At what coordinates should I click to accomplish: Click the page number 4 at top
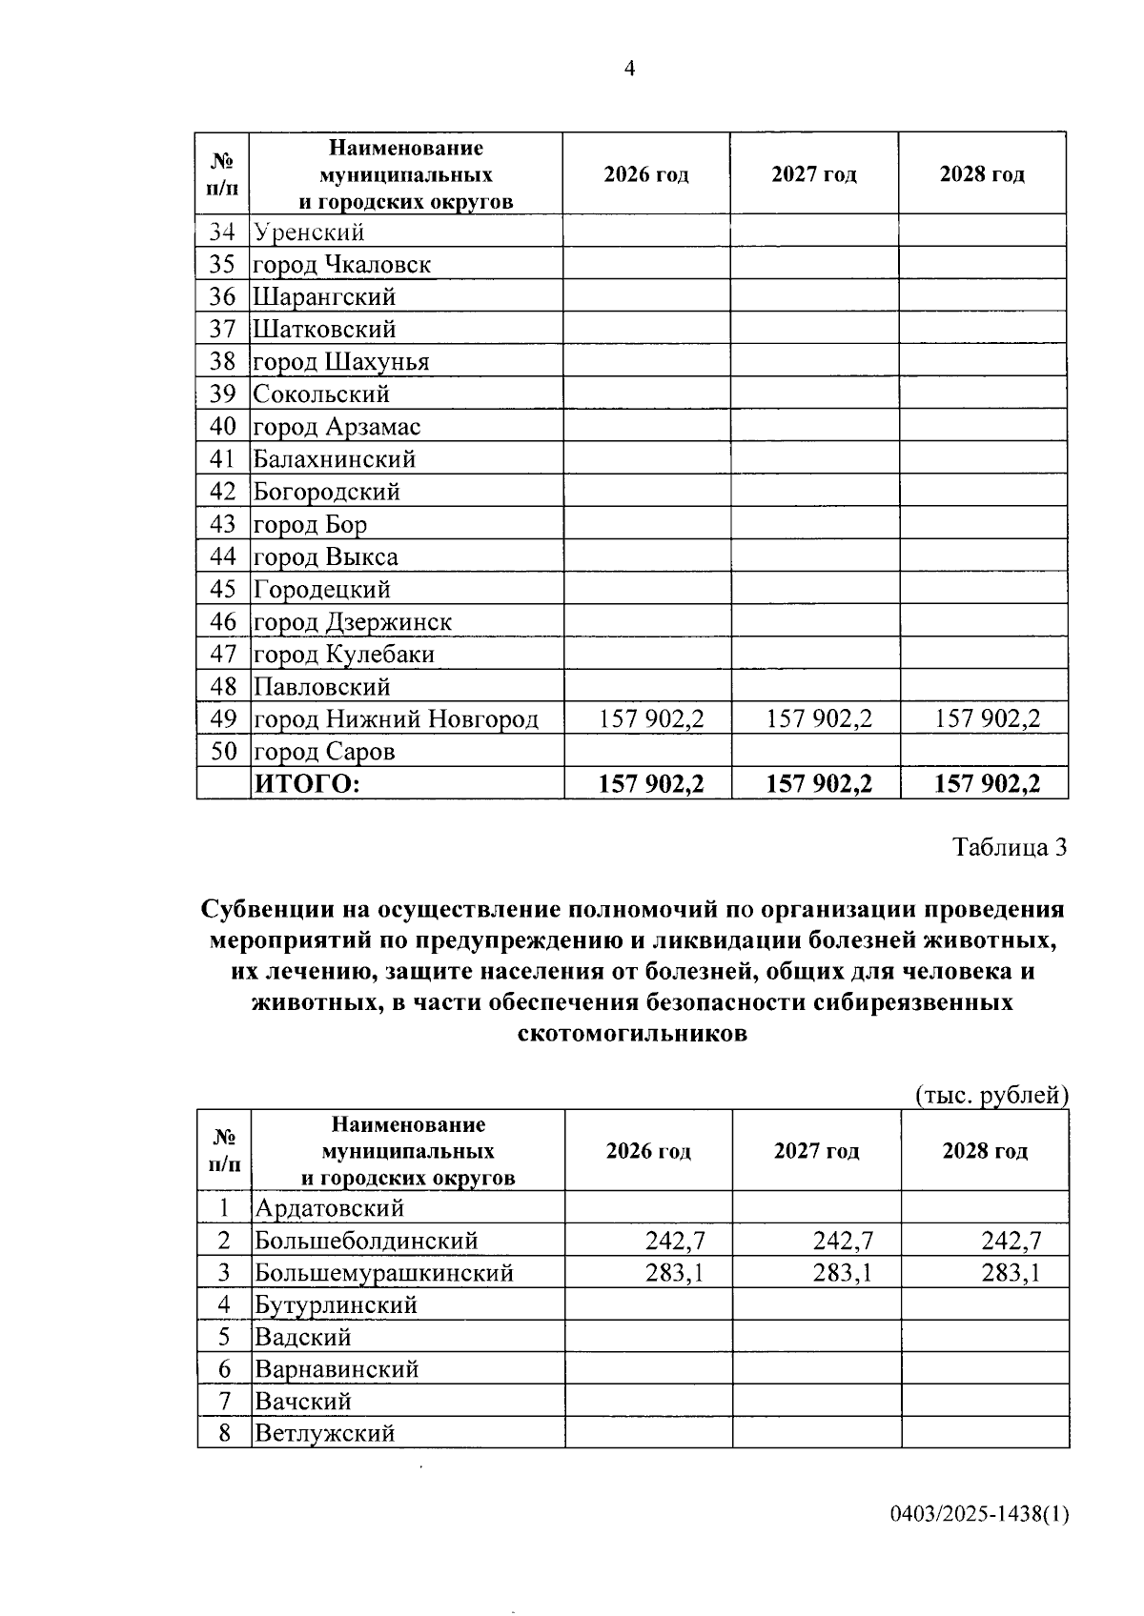pyautogui.click(x=629, y=68)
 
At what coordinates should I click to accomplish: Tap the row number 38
pyautogui.click(x=222, y=362)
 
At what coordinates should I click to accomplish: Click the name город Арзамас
pyautogui.click(x=337, y=427)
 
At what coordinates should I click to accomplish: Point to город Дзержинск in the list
pyautogui.click(x=352, y=622)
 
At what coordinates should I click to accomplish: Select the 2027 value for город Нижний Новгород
pyautogui.click(x=819, y=719)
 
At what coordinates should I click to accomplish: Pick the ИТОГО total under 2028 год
pyautogui.click(x=987, y=784)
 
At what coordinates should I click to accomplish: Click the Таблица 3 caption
pyautogui.click(x=1010, y=847)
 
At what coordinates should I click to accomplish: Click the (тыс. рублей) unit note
pyautogui.click(x=991, y=1096)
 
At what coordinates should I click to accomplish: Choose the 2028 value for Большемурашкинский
pyautogui.click(x=1011, y=1273)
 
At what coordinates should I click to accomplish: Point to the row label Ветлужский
pyautogui.click(x=324, y=1433)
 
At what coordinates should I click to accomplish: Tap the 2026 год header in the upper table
pyautogui.click(x=646, y=174)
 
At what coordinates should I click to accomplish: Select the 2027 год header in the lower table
pyautogui.click(x=816, y=1151)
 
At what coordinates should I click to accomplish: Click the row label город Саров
pyautogui.click(x=323, y=752)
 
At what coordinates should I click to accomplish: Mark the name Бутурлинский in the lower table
pyautogui.click(x=336, y=1305)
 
